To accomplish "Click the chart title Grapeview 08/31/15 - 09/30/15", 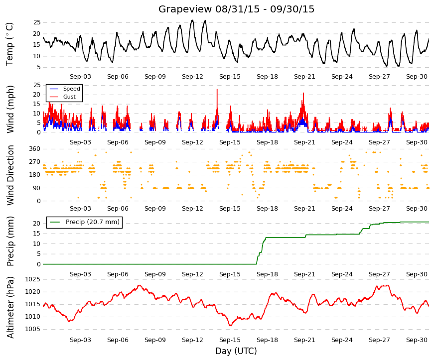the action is (236, 9).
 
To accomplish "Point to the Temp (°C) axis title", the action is (9, 44).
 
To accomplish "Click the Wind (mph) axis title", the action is (10, 109).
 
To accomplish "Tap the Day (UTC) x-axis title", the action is (236, 351).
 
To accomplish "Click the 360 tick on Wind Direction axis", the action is (34, 149).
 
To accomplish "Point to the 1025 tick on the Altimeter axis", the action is (33, 279).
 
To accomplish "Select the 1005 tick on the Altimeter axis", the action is (33, 329).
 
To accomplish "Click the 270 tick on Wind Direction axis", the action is (34, 162).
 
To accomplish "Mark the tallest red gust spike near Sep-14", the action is (217, 89).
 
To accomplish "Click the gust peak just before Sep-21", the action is (303, 93).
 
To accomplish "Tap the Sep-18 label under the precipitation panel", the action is (267, 274).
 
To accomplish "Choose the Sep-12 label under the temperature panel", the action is (192, 77).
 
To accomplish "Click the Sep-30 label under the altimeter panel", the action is (417, 340).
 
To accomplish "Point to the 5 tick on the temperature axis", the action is (38, 67).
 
